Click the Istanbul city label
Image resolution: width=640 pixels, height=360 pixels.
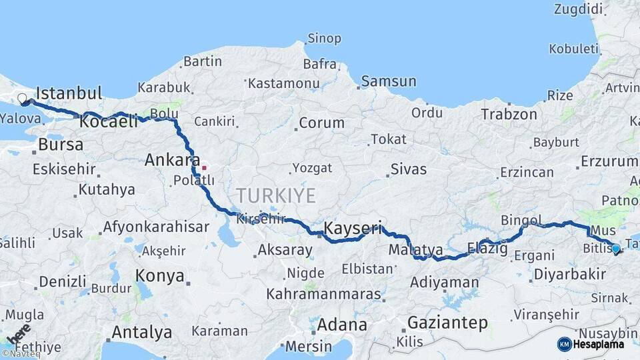click(x=69, y=92)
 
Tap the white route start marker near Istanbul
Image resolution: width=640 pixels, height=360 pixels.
click(x=22, y=99)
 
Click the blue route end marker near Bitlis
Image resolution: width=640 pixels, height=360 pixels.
click(x=615, y=249)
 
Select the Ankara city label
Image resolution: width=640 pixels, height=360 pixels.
click(x=172, y=161)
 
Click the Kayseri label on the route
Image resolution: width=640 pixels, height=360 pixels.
click(x=353, y=229)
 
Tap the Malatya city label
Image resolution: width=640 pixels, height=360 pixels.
click(x=415, y=250)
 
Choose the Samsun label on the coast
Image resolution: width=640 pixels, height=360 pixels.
click(x=389, y=81)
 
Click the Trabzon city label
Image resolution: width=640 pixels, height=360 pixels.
click(x=509, y=114)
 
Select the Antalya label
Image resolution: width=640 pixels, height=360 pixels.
click(x=141, y=331)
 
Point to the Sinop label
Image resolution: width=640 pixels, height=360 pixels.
click(x=325, y=39)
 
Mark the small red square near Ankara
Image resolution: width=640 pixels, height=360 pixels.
click(x=204, y=167)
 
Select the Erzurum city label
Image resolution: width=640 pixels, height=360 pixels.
click(x=609, y=161)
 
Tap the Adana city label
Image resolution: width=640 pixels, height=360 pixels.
click(x=342, y=325)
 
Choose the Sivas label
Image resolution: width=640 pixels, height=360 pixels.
click(x=408, y=169)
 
